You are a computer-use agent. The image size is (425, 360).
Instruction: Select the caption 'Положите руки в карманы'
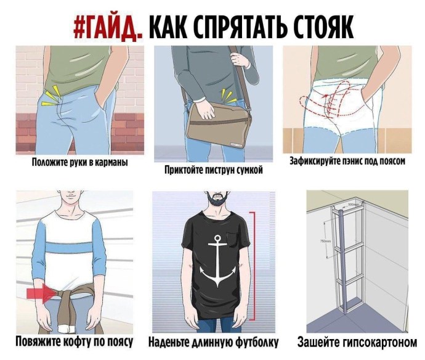tap(79, 163)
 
